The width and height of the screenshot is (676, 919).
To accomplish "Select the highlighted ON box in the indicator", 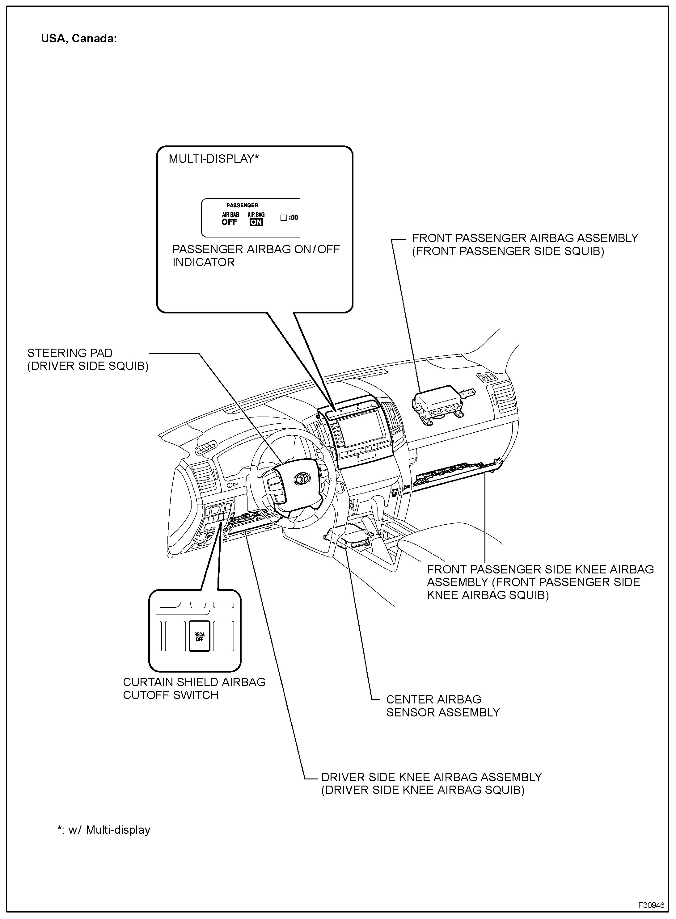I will [x=256, y=222].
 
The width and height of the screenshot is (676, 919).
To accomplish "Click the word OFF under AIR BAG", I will [x=230, y=222].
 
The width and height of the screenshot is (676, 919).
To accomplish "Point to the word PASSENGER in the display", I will [x=242, y=205].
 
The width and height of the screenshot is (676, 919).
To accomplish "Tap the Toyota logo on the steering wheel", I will [x=303, y=477].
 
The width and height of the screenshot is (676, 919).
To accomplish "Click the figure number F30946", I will [x=651, y=905].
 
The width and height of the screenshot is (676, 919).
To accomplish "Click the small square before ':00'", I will [x=284, y=218].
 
